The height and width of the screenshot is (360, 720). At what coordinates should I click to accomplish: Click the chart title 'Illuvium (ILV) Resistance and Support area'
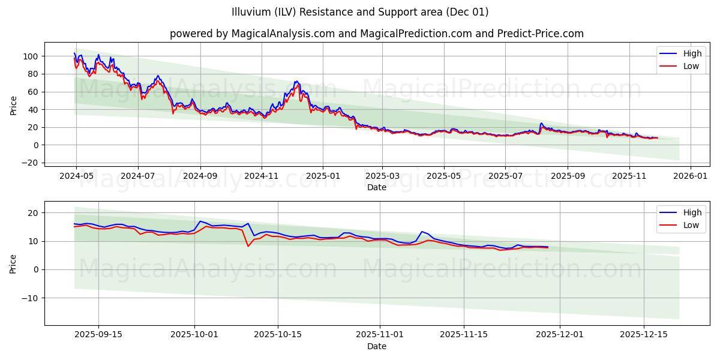[x=360, y=12]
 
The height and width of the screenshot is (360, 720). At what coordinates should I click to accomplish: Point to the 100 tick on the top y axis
[x=30, y=56]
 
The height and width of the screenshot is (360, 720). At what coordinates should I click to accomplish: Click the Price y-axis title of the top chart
[x=13, y=106]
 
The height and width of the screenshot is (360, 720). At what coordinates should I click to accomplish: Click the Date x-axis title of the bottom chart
[x=376, y=346]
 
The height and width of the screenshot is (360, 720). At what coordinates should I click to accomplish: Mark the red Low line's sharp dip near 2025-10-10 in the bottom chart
[x=248, y=246]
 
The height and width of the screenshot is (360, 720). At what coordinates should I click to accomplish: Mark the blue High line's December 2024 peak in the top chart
[x=296, y=81]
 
